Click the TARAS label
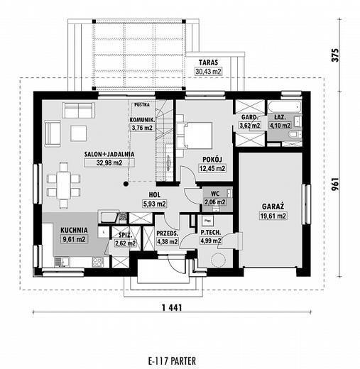point(208,62)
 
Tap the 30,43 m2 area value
point(208,71)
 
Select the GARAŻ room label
point(273,206)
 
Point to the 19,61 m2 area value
point(273,216)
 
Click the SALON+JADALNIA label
point(109,154)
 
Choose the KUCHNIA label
point(74,230)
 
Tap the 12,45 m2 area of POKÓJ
point(212,168)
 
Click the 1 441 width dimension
point(172,307)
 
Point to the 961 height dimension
point(335,184)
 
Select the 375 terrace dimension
point(335,55)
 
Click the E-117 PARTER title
point(172,361)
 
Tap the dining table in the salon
point(63,185)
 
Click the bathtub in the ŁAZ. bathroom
point(285,107)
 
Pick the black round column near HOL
point(126,184)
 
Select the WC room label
point(215,194)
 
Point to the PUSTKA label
point(142,104)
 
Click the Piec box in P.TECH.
point(208,221)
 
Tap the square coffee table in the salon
point(79,133)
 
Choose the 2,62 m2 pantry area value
point(125,243)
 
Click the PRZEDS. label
point(167,233)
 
